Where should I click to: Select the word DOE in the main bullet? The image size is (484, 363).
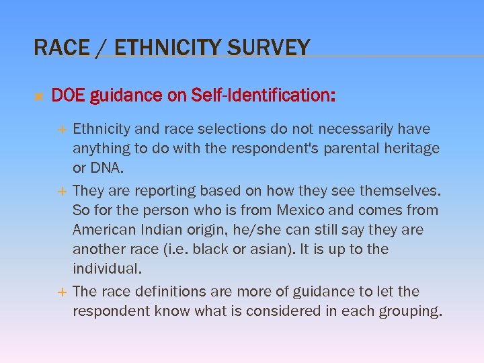coord(67,96)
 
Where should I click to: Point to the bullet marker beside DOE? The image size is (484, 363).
coord(38,97)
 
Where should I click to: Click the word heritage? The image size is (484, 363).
coord(413,148)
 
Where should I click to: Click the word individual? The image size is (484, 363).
coord(106,269)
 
